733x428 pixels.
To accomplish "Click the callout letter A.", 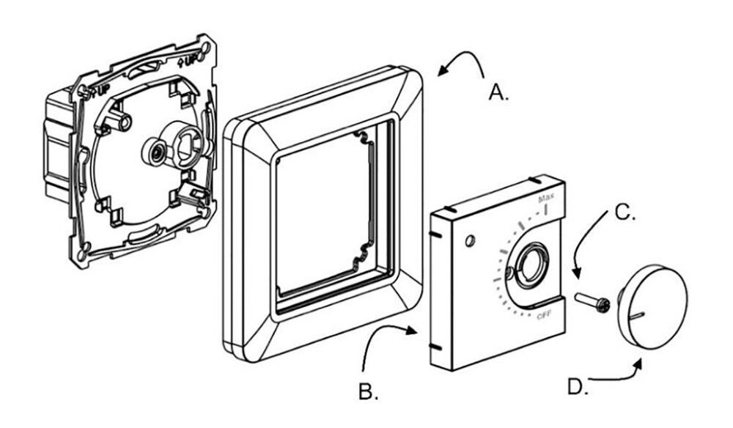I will (499, 93).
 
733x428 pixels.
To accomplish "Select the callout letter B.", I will (369, 392).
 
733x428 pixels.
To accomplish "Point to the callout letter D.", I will (578, 387).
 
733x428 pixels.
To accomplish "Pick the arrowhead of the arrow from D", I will (643, 361).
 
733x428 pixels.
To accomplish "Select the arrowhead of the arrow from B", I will (416, 331).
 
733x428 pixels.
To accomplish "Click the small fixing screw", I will (593, 302).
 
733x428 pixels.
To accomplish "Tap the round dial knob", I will (651, 304).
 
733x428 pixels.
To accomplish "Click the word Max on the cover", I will (546, 199).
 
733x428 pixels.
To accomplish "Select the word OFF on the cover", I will (543, 316).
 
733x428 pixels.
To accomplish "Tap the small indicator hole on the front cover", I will (470, 240).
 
